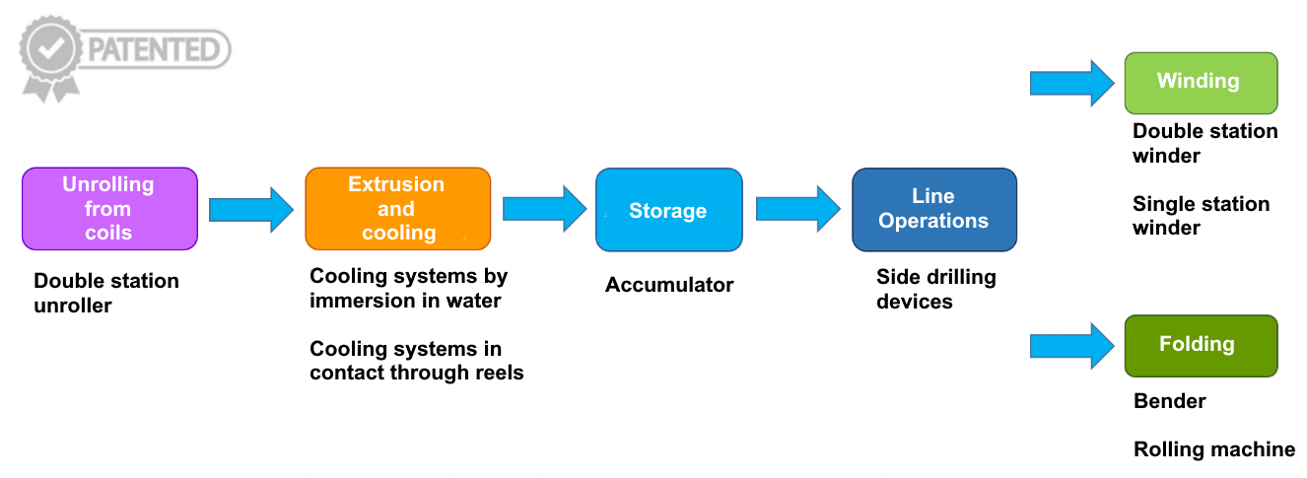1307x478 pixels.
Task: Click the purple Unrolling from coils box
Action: (109, 209)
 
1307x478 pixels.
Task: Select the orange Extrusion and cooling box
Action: (398, 209)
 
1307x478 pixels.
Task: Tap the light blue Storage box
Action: (668, 210)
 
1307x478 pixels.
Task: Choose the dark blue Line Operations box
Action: (934, 210)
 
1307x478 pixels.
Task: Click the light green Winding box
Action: (1201, 83)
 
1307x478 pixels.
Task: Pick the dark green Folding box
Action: (1201, 346)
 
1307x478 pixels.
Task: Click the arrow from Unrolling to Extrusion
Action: (251, 210)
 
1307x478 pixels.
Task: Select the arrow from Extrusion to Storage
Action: (545, 209)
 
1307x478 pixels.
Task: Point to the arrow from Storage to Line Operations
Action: (798, 209)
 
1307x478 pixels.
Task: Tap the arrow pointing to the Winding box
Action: (1072, 83)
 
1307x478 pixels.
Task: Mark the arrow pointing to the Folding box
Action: (1072, 346)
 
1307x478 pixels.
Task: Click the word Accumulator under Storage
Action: (669, 285)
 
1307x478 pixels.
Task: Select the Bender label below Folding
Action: (1169, 401)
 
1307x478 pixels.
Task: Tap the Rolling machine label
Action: (1214, 449)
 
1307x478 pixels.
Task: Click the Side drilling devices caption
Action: (936, 290)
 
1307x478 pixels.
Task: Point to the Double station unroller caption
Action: (106, 293)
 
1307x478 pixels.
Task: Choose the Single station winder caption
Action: (1201, 216)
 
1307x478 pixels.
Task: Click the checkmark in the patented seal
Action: (51, 48)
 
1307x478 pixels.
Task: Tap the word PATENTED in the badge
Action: (154, 49)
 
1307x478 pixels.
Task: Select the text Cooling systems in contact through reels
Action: (417, 361)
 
